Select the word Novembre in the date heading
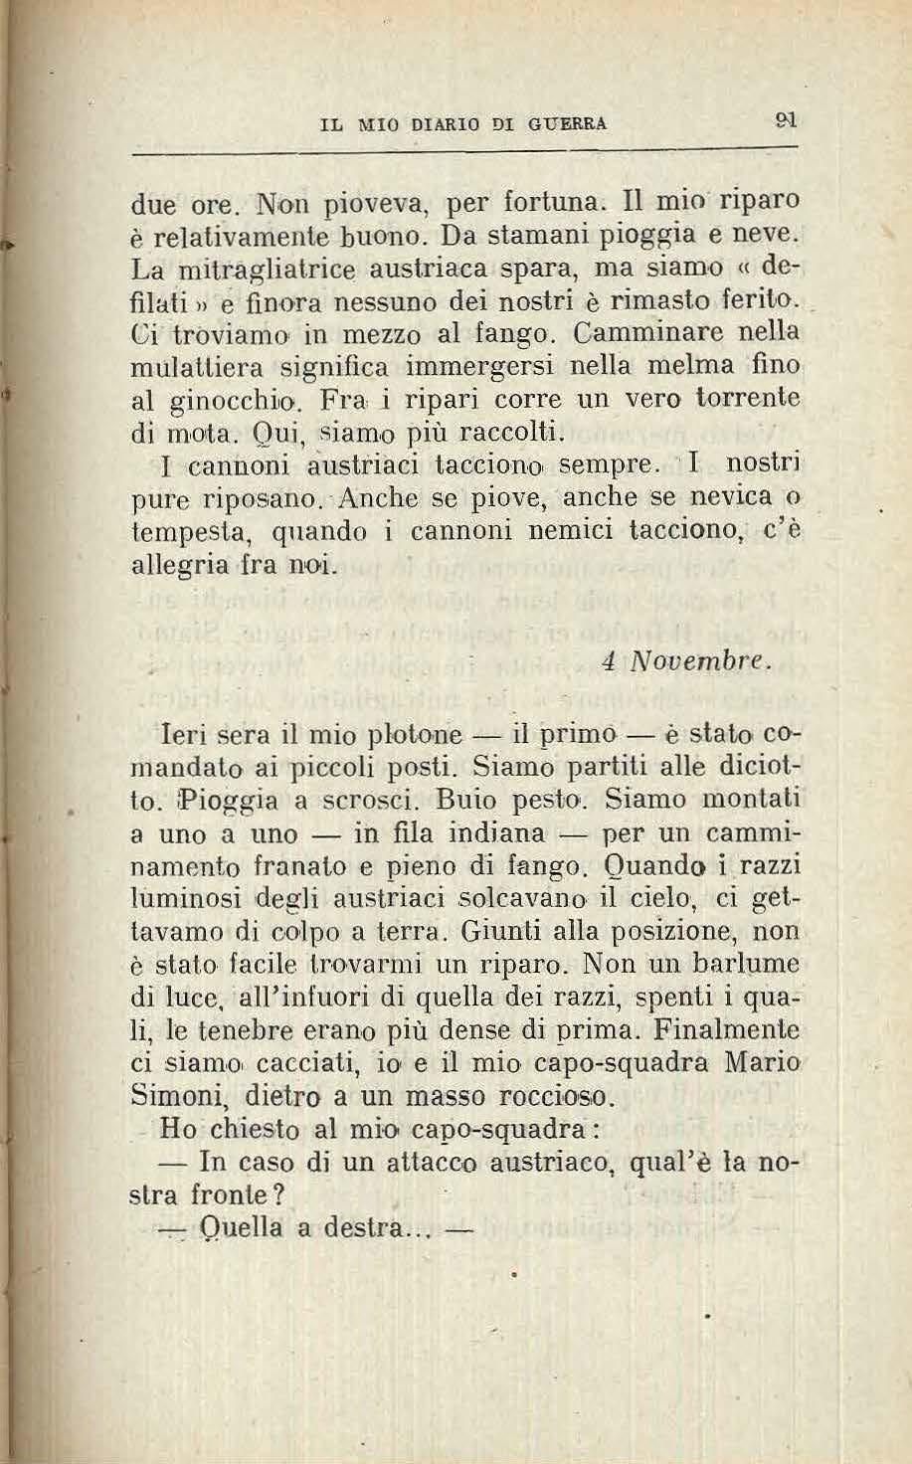(x=697, y=660)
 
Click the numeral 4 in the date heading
(x=608, y=660)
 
